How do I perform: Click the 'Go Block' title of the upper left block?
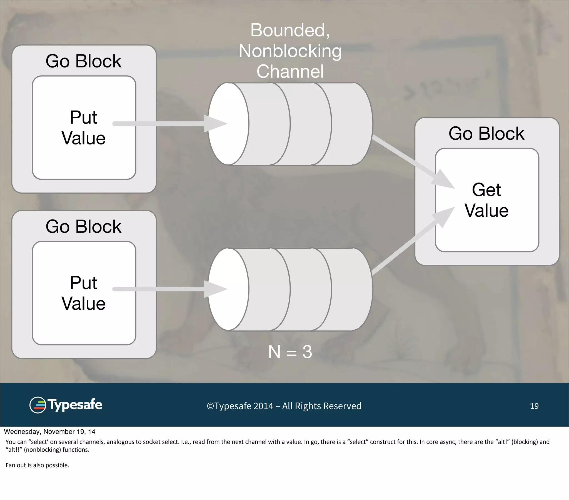point(83,61)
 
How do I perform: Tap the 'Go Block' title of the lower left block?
point(83,227)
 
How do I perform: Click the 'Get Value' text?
point(486,200)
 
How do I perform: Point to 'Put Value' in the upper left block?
point(83,128)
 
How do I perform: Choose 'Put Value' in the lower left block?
point(83,293)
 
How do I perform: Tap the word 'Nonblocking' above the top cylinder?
point(290,51)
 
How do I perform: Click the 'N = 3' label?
point(290,352)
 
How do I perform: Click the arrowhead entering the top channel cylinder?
point(215,124)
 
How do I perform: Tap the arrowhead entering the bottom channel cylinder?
point(215,289)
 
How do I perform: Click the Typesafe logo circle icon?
point(38,405)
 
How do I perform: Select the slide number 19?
point(534,406)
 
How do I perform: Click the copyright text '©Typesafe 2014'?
point(240,406)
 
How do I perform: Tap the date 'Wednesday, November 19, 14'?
point(49,432)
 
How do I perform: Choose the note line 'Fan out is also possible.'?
point(37,465)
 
